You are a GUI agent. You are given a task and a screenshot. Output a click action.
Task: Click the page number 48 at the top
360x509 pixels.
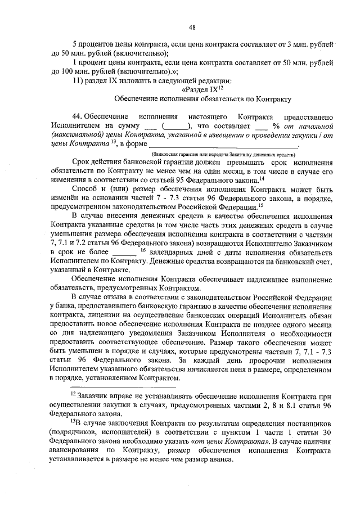tap(192, 26)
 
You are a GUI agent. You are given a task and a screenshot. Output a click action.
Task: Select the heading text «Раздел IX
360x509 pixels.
tap(201, 89)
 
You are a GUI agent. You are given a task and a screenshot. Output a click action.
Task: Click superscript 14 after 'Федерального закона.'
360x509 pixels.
tap(262, 177)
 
